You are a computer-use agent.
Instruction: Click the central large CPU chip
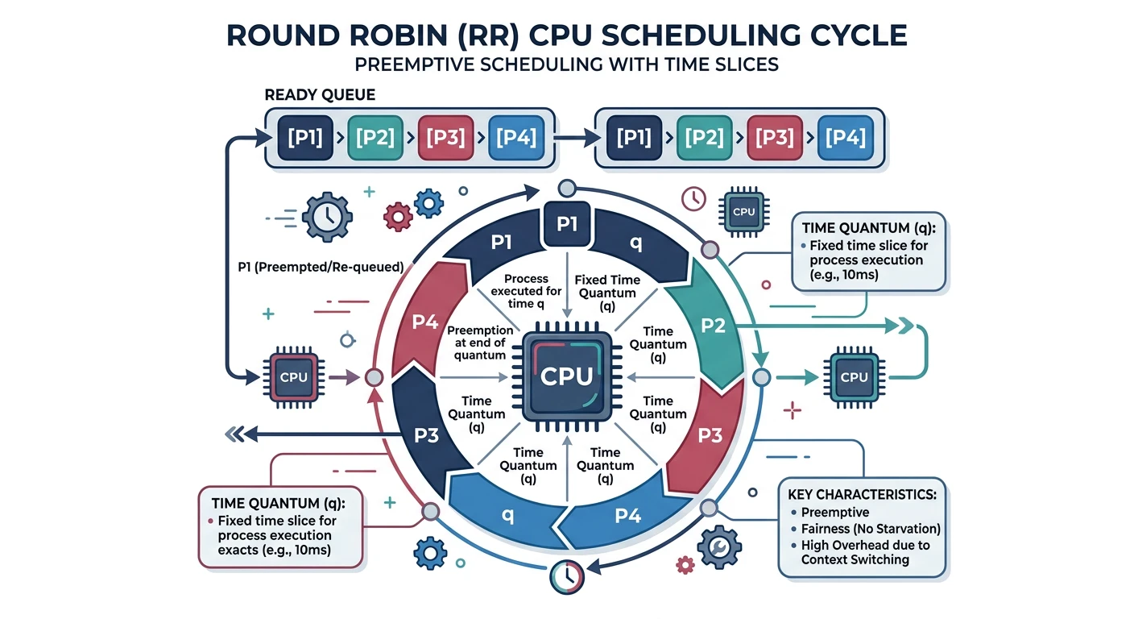(x=567, y=376)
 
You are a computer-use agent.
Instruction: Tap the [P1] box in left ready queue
(x=300, y=137)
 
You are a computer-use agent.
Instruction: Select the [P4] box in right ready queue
(x=844, y=137)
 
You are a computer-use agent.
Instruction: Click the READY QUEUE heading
(x=320, y=95)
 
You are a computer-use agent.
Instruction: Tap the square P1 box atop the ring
(x=567, y=225)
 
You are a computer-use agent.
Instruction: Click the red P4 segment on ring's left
(x=424, y=322)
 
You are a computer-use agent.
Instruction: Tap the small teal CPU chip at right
(x=853, y=377)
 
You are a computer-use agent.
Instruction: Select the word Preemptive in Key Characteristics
(x=835, y=513)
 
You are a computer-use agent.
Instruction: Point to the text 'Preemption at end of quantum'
(x=480, y=343)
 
